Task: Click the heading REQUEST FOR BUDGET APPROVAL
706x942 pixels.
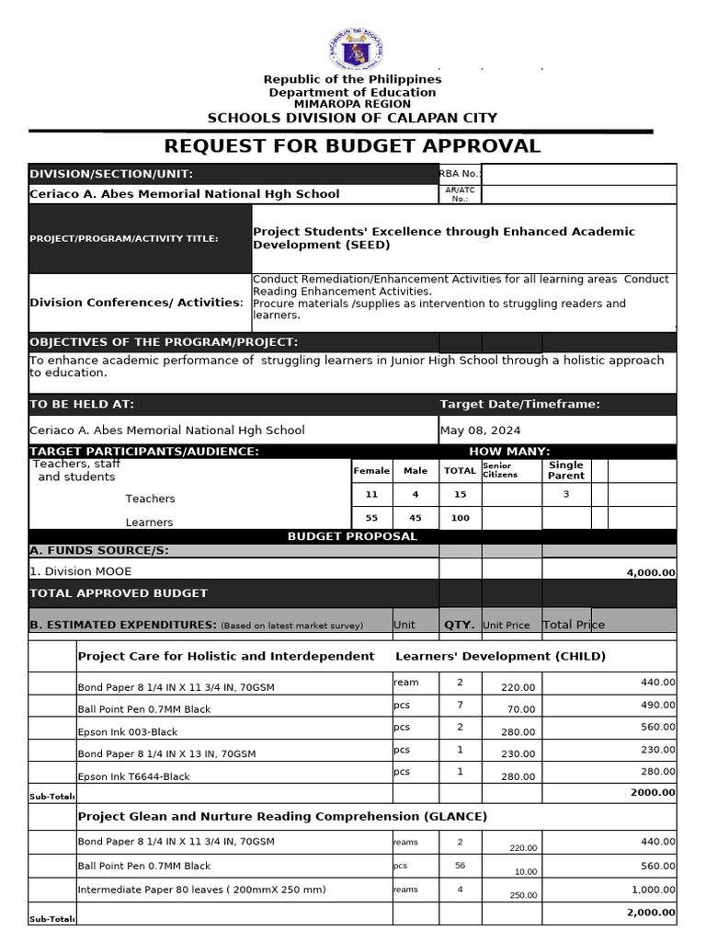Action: click(352, 146)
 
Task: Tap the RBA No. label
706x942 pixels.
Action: click(459, 174)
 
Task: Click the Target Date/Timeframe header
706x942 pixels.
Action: click(519, 405)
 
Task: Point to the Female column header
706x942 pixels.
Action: click(371, 471)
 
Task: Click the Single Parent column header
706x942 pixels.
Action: click(565, 471)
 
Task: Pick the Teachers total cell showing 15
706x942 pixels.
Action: click(460, 495)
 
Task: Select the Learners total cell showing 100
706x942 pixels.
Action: click(460, 518)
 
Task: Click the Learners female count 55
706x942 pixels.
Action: click(371, 518)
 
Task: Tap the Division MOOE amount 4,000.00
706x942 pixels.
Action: click(650, 572)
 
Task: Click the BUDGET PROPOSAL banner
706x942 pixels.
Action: click(352, 536)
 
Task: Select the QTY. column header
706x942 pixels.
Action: click(460, 625)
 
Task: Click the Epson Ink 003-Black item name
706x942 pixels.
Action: click(128, 732)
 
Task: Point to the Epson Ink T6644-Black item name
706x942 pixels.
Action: click(133, 777)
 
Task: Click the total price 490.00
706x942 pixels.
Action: click(656, 705)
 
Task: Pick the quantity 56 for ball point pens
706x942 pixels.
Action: click(460, 866)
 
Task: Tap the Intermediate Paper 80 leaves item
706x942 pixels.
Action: click(201, 890)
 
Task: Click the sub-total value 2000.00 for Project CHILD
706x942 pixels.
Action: click(653, 792)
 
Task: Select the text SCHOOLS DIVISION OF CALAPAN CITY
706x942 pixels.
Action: click(352, 118)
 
